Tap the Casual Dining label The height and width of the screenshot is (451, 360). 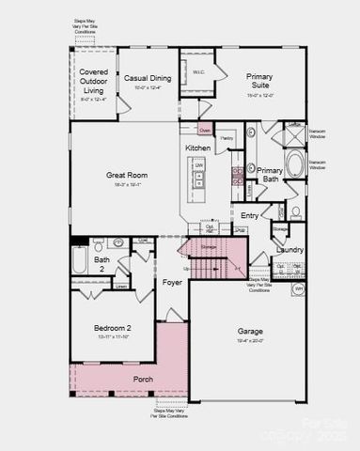pyautogui.click(x=147, y=80)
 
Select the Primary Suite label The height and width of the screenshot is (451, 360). pyautogui.click(x=259, y=81)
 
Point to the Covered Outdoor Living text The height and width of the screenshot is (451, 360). pyautogui.click(x=93, y=81)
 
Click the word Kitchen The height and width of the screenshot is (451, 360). pyautogui.click(x=197, y=148)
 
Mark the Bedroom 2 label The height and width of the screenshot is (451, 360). pyautogui.click(x=112, y=328)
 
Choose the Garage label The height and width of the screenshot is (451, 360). pyautogui.click(x=250, y=332)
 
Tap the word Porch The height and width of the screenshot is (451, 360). pyautogui.click(x=143, y=379)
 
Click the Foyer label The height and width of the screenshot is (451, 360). pyautogui.click(x=172, y=282)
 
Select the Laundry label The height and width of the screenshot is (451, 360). pyautogui.click(x=290, y=249)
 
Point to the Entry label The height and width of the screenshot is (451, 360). pyautogui.click(x=249, y=215)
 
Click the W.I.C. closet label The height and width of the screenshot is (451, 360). pyautogui.click(x=199, y=71)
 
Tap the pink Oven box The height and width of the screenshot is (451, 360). pyautogui.click(x=205, y=129)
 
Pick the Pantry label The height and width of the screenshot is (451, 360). pyautogui.click(x=227, y=139)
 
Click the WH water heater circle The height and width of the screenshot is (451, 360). pyautogui.click(x=299, y=288)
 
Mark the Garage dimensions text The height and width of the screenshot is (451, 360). pyautogui.click(x=250, y=342)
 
